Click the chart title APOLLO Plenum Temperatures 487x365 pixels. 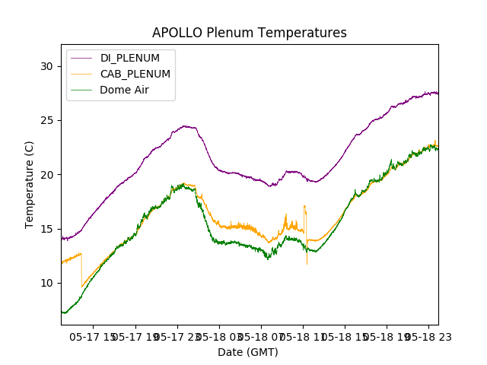pos(249,33)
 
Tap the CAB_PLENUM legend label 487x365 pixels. pos(135,74)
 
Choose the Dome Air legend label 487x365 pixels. pos(124,90)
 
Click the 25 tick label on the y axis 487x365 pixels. pos(47,120)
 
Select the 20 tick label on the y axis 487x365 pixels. pos(47,174)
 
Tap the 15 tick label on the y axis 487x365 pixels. pos(47,229)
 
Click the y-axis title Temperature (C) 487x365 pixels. pos(30,185)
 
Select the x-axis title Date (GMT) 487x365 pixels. pos(248,352)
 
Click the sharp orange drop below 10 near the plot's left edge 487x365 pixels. pos(82,286)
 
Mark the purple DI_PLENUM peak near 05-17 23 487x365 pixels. pos(185,125)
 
